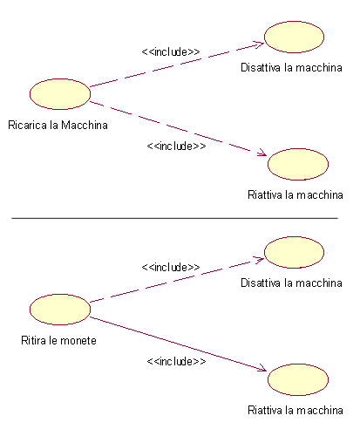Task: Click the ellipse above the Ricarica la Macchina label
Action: pyautogui.click(x=60, y=94)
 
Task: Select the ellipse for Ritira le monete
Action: pyautogui.click(x=60, y=310)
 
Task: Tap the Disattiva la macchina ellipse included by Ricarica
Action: pyautogui.click(x=294, y=37)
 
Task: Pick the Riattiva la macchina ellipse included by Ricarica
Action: pyautogui.click(x=298, y=164)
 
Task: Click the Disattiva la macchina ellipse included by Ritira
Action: pyautogui.click(x=294, y=252)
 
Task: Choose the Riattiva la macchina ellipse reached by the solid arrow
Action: pyautogui.click(x=298, y=379)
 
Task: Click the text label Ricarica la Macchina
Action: pyautogui.click(x=58, y=126)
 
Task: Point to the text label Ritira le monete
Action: pyautogui.click(x=58, y=340)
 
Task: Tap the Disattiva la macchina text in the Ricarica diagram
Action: pyautogui.click(x=291, y=68)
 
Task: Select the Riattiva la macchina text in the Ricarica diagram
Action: pyautogui.click(x=295, y=194)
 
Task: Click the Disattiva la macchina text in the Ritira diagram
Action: pyautogui.click(x=291, y=283)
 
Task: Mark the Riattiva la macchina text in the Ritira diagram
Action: pyautogui.click(x=295, y=410)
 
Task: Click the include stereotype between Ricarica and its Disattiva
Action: pyautogui.click(x=171, y=51)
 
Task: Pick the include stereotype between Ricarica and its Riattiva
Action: pyautogui.click(x=176, y=146)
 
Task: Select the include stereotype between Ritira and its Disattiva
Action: pyautogui.click(x=171, y=267)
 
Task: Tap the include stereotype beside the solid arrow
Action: pyautogui.click(x=176, y=361)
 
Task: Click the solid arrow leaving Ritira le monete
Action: pyautogui.click(x=178, y=344)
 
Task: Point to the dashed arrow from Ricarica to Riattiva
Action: pyautogui.click(x=178, y=128)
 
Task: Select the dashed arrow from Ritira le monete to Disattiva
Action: pyautogui.click(x=177, y=280)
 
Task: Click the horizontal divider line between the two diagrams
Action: pyautogui.click(x=174, y=218)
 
